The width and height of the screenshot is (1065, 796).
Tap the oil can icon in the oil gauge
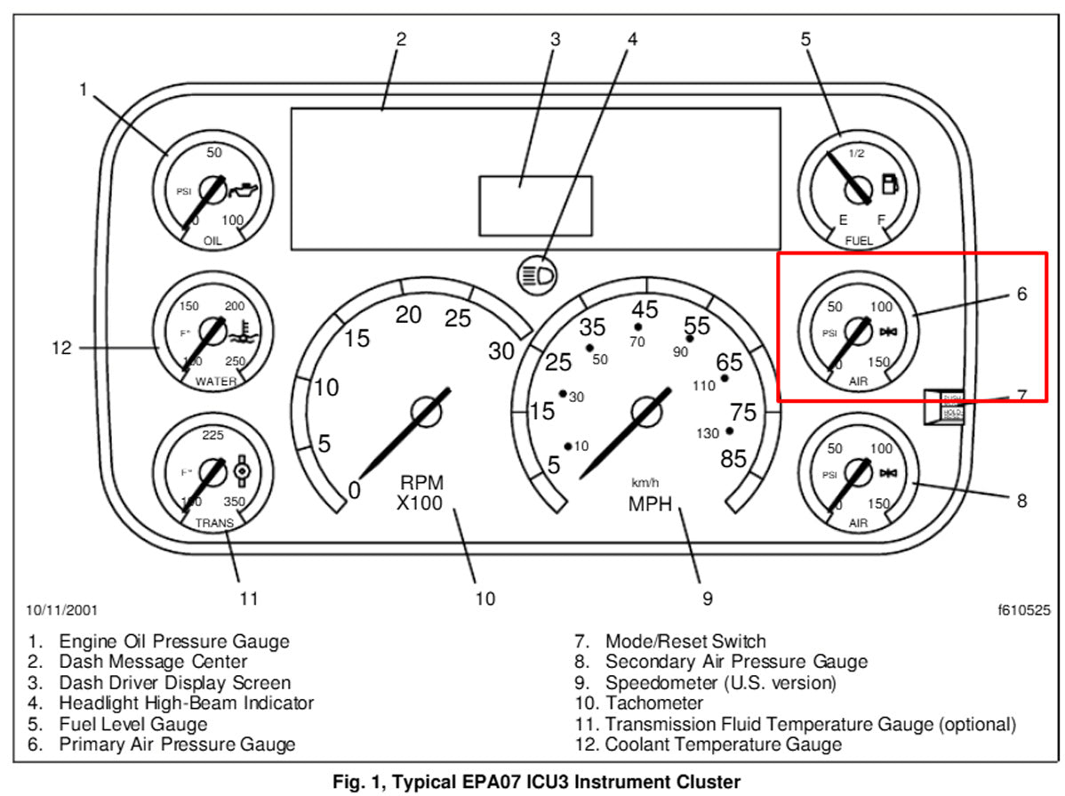tap(243, 189)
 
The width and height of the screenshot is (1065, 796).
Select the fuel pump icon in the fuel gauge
tap(889, 185)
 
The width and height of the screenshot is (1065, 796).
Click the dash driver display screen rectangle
tap(535, 205)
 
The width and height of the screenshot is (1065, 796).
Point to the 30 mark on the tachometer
tap(501, 351)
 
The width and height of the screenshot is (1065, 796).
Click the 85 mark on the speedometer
tap(733, 460)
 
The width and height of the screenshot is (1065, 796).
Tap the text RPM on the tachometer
tap(421, 483)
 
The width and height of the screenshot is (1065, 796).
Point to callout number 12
tap(60, 348)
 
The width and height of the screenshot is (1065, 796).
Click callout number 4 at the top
tap(632, 39)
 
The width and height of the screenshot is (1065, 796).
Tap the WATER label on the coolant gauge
tap(215, 382)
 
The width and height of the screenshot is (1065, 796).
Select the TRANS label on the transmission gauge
tap(214, 524)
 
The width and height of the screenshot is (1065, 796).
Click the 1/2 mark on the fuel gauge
tap(856, 153)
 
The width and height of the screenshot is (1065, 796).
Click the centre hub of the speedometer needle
tap(647, 410)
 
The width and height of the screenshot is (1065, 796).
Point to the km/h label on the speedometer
tap(645, 483)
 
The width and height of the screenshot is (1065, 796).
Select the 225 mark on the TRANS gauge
tap(213, 435)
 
